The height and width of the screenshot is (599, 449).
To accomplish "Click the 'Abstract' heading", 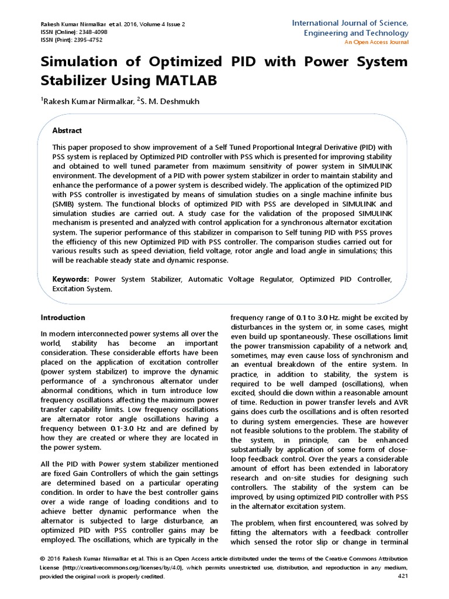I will click(x=67, y=130).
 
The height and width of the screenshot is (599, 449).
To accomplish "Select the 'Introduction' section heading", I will click(x=63, y=318).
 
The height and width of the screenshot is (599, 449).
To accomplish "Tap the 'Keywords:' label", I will click(x=71, y=280).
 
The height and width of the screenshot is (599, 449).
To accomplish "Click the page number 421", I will click(x=403, y=577).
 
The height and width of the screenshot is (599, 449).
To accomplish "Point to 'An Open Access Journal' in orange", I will click(x=376, y=42).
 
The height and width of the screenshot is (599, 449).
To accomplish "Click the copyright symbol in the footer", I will click(x=43, y=559).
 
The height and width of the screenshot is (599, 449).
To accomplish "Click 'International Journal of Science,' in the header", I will click(x=350, y=23).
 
